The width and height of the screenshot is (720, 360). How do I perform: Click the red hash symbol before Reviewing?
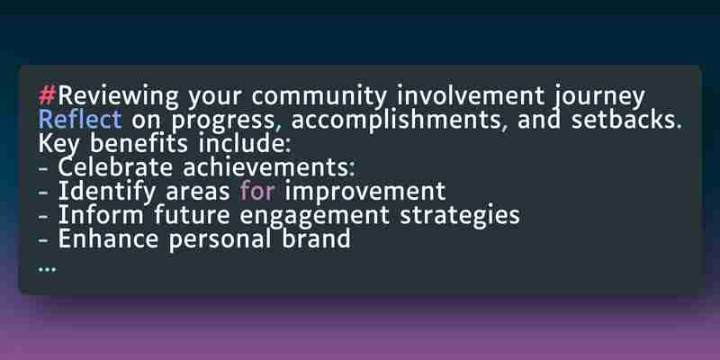pos(48,96)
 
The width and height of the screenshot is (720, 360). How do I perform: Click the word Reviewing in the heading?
pos(119,97)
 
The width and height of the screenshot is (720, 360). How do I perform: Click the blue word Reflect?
pos(80,120)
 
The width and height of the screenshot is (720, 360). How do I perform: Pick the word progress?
pos(223,121)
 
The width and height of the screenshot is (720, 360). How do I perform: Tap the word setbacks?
pos(626,120)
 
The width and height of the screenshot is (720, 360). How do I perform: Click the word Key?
pos(58,145)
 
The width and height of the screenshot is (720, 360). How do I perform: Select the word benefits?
pos(139,144)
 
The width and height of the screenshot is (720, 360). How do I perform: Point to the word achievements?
pos(269,167)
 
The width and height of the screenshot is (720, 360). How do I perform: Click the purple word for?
pos(257,192)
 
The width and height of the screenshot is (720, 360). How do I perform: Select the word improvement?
pos(365,193)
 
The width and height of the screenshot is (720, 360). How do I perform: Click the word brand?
pos(317,239)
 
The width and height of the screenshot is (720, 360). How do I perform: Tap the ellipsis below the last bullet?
pos(48,269)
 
